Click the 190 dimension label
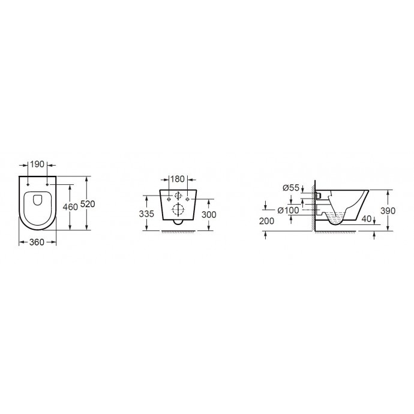[37, 164]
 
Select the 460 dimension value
[70, 207]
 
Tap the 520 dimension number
[88, 204]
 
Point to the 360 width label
[37, 242]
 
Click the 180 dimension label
[177, 179]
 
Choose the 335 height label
[146, 214]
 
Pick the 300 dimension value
[209, 214]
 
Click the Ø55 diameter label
[290, 188]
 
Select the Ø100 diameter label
[289, 210]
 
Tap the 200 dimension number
[266, 221]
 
